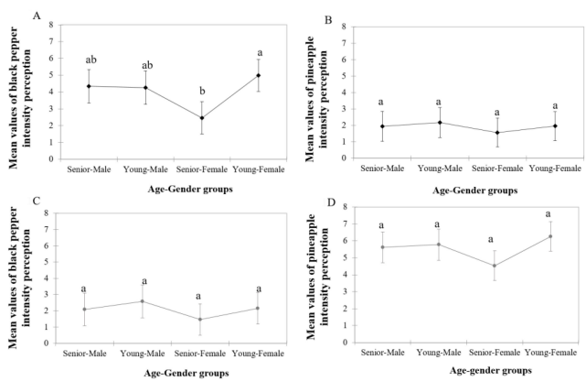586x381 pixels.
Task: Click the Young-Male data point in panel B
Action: pos(439,123)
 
